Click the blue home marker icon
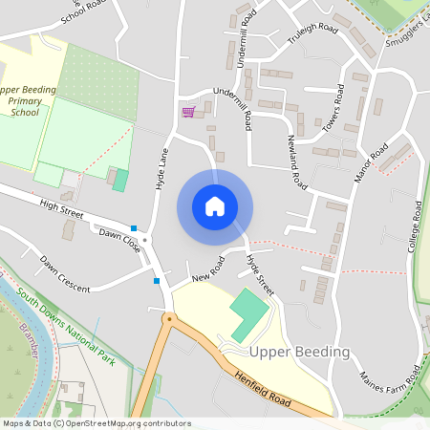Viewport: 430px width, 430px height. pyautogui.click(x=215, y=205)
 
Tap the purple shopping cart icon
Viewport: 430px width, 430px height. pyautogui.click(x=188, y=112)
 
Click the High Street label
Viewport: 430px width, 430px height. pyautogui.click(x=63, y=207)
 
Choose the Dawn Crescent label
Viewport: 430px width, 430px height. pyautogui.click(x=65, y=274)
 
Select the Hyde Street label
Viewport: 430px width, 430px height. pyautogui.click(x=259, y=273)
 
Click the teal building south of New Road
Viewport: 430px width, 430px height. pyautogui.click(x=247, y=314)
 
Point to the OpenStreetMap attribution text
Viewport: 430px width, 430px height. pyautogui.click(x=97, y=423)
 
